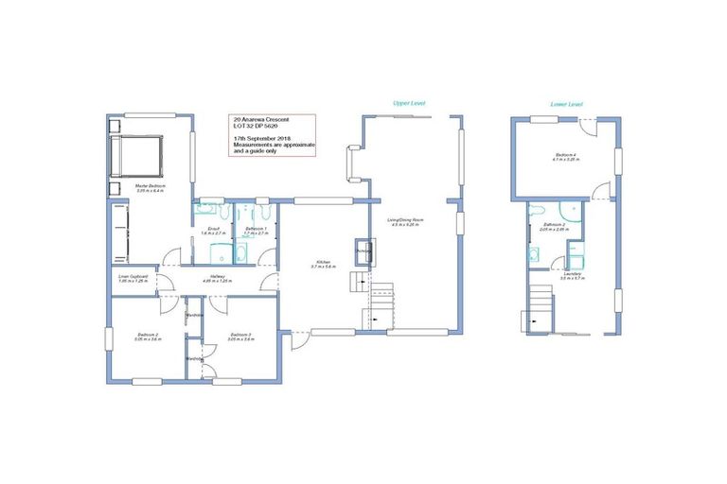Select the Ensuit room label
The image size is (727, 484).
pos(213,231)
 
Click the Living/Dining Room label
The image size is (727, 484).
pos(404,222)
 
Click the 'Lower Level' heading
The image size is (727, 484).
pos(566,103)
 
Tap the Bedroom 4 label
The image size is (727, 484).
pos(566,158)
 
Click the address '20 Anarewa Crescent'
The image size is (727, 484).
pos(260,121)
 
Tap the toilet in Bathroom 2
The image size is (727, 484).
pos(536,210)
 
